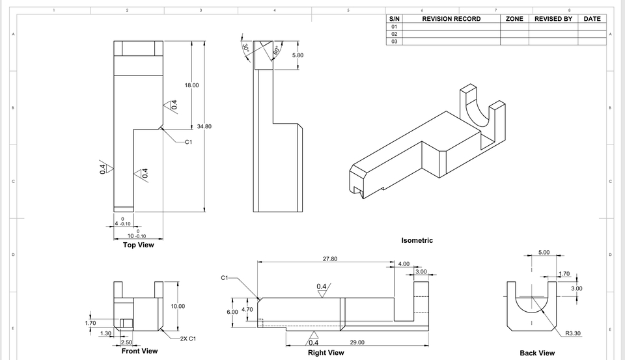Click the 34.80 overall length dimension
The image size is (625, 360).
tap(204, 126)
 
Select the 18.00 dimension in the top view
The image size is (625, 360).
tap(191, 85)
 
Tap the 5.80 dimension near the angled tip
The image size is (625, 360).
tap(298, 55)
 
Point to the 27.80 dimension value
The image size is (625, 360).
tap(330, 258)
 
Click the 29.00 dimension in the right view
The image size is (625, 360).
tap(357, 342)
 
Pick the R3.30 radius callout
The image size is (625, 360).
tap(572, 333)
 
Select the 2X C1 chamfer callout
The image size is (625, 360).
tap(187, 339)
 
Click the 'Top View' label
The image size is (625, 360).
tap(138, 245)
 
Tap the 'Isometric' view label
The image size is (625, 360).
tap(417, 240)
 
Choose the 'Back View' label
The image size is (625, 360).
tap(537, 353)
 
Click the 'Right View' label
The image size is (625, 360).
tap(326, 352)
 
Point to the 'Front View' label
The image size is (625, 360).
tap(139, 351)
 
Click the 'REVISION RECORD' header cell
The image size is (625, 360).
tap(451, 19)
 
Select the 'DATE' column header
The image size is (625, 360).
tap(592, 19)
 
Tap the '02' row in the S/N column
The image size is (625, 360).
tap(394, 34)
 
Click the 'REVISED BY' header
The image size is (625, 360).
tap(553, 19)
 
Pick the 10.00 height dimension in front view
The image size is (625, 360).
tap(178, 306)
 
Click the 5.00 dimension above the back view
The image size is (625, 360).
tap(544, 252)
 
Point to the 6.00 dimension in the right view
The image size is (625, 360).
tap(232, 312)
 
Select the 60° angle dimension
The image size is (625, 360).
tap(276, 50)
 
